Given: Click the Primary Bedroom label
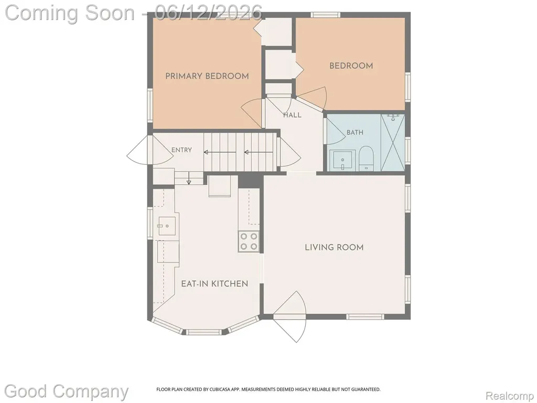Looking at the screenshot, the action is coord(207,76).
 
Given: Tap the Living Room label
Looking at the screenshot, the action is coord(334,248).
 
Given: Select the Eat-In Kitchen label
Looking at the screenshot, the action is coord(214,284).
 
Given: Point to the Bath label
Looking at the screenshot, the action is coord(355,132).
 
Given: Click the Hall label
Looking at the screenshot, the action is coord(292,115).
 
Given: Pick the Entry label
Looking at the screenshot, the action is coord(181,150).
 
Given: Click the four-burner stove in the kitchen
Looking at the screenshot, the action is coord(249,241).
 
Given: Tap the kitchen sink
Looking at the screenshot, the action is coord(167,226).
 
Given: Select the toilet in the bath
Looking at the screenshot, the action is coord(366,158).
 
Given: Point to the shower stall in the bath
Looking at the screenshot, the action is coord(393,142).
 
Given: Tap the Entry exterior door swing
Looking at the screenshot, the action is coord(150,150).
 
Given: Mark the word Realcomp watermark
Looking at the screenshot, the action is coord(509,396).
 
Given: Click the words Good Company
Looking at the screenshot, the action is coord(66,391).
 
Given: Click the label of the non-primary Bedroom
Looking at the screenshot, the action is coord(351,66).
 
